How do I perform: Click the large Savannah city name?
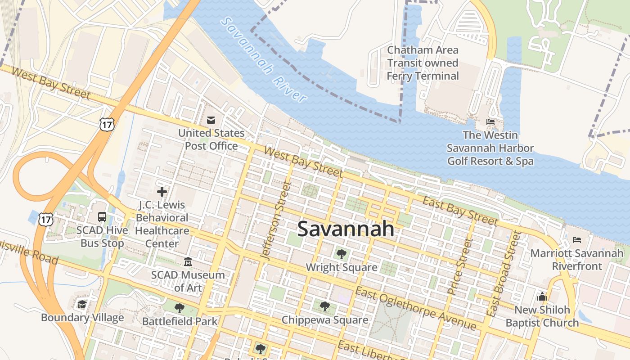tap(346, 229)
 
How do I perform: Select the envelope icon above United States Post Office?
tap(211, 120)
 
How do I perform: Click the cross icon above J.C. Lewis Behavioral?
tap(162, 192)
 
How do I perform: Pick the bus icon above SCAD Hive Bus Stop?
tap(102, 217)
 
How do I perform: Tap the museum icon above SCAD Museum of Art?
tap(188, 261)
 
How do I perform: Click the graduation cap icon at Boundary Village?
tap(81, 305)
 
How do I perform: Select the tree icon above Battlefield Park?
tap(180, 308)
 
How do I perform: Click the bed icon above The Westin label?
tap(490, 121)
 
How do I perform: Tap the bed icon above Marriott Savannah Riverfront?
tap(577, 240)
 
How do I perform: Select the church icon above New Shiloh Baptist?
tap(542, 297)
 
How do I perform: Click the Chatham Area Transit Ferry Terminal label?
tap(423, 63)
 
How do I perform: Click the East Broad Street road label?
tap(503, 274)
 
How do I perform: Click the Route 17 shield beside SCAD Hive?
tap(46, 219)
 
